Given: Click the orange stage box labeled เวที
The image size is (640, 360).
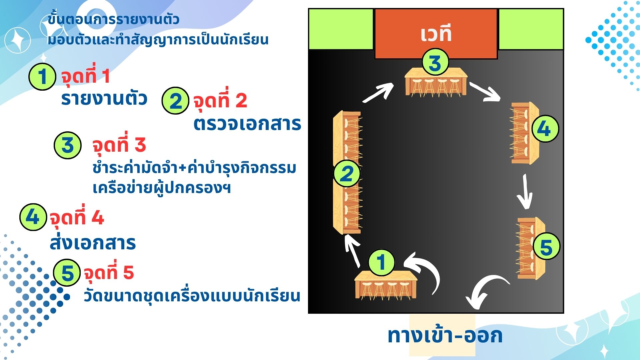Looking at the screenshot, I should coord(436,33).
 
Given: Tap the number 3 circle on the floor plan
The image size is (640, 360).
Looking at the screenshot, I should coord(435,62).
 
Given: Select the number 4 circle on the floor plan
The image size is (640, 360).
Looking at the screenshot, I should coord(545,129).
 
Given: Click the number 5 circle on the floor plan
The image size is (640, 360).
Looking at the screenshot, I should coord(546,247).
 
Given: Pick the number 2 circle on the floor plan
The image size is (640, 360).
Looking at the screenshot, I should coord(347,173).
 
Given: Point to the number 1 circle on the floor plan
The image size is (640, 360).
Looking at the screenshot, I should coord(382,262).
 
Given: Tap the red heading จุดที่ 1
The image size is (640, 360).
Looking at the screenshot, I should coord(85,76).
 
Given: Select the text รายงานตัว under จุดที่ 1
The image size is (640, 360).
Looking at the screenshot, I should coord(104,99).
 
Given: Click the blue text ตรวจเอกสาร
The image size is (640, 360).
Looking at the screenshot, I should coord(247,124).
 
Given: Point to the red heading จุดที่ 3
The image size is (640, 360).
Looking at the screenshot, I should coord(119,145).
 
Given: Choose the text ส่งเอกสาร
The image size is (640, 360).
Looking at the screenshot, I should coord(93,243).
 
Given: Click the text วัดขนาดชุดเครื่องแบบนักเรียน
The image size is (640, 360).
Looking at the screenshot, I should coord(192,295).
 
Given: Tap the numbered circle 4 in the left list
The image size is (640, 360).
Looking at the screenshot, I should coord(33,217).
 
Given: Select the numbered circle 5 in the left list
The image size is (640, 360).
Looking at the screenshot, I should coord(67,273).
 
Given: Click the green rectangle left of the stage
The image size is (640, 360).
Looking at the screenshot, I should coord(341,29).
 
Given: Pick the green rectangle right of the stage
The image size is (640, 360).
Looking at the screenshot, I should coord(531,29).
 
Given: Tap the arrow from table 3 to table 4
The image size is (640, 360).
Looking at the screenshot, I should coord(485,92).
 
